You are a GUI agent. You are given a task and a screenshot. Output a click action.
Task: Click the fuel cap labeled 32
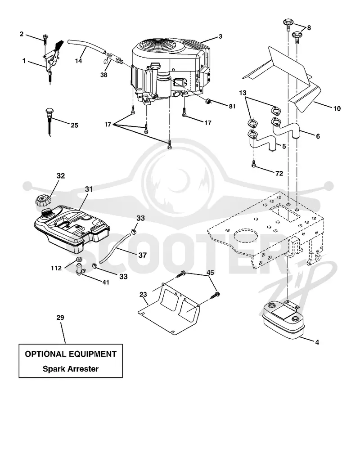click(43, 202)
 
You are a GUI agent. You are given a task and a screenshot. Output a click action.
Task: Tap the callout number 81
click(232, 106)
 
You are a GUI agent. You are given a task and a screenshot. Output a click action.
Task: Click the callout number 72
click(279, 173)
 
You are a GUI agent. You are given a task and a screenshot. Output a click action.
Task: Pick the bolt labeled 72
click(253, 165)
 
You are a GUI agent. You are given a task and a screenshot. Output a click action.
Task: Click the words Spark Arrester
click(71, 368)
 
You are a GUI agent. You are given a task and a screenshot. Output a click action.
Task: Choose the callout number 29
click(60, 317)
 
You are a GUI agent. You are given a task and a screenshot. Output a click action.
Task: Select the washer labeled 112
click(78, 260)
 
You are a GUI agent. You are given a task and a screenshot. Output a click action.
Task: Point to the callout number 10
click(337, 108)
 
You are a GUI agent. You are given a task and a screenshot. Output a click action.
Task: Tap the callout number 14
click(78, 61)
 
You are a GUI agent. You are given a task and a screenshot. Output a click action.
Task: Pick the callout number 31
click(89, 189)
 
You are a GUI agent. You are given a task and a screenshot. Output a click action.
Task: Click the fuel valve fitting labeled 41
click(80, 269)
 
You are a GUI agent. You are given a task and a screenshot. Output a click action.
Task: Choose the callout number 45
click(210, 273)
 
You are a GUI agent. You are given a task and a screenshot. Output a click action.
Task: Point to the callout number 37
click(142, 255)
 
